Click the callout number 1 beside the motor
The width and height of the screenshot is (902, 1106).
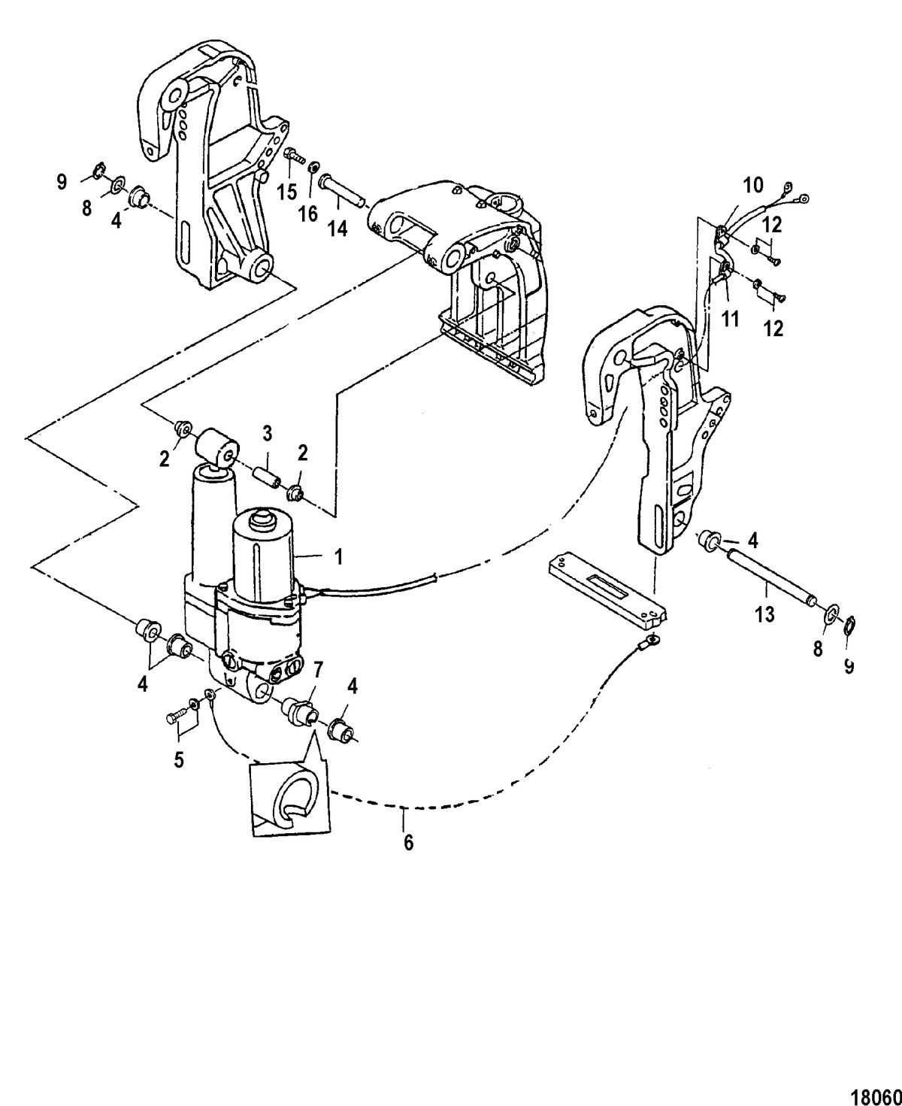pos(339,556)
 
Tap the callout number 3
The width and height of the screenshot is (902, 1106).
pos(268,434)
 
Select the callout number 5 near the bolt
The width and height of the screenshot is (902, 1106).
pos(180,760)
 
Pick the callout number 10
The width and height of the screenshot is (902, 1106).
pos(753,186)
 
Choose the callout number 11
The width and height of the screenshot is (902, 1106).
pos(730,318)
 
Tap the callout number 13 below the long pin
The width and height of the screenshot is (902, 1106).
pos(764,614)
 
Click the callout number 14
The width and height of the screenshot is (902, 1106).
pos(337,229)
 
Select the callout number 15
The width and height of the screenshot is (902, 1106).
pos(287,192)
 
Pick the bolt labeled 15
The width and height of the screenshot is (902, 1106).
pos(295,156)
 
